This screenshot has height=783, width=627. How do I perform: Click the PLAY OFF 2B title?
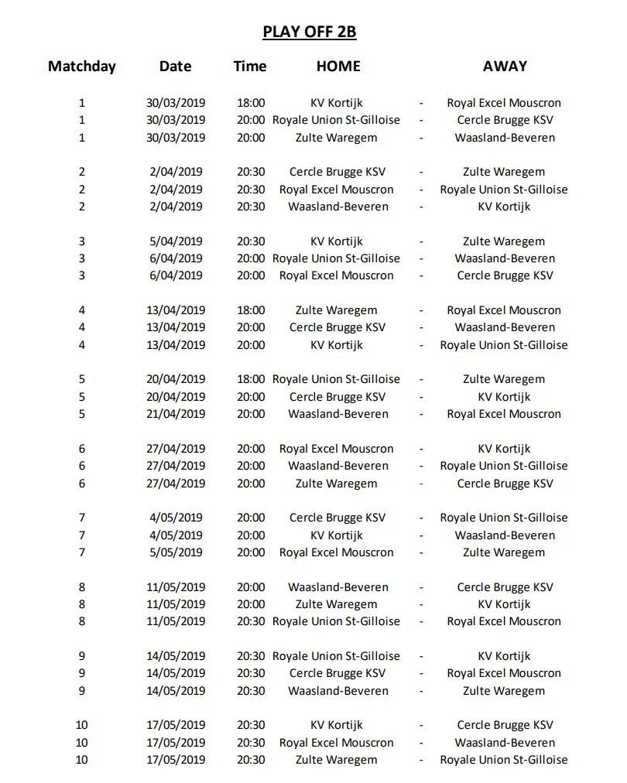(x=309, y=32)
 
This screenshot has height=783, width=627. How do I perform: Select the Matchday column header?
(x=82, y=66)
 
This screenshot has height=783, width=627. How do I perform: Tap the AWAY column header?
(x=504, y=66)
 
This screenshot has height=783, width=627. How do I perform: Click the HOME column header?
(x=337, y=66)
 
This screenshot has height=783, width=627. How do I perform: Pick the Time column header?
(x=250, y=66)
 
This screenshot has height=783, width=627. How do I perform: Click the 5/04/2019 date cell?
(x=176, y=241)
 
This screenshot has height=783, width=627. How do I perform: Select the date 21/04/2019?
(x=176, y=414)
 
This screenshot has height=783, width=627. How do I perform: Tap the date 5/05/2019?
(x=176, y=552)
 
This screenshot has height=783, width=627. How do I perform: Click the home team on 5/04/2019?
(x=336, y=241)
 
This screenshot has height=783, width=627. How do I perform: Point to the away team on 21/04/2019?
(x=504, y=414)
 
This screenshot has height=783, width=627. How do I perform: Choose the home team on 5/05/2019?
(x=336, y=552)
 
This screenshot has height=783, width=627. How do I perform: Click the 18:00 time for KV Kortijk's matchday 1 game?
(x=251, y=103)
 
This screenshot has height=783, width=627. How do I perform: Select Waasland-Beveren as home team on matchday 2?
(x=337, y=207)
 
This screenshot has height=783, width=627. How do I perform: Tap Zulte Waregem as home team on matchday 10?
(x=336, y=760)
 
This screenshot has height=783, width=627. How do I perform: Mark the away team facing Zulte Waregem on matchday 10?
(x=504, y=760)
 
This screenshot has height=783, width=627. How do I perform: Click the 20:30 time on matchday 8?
(x=251, y=621)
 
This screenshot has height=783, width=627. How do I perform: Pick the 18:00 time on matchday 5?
(x=251, y=379)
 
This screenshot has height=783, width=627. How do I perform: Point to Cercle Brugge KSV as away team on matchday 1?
(x=505, y=120)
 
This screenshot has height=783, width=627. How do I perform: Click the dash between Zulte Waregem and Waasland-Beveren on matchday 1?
(x=421, y=138)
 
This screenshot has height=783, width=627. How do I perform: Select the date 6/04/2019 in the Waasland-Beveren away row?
(x=176, y=258)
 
